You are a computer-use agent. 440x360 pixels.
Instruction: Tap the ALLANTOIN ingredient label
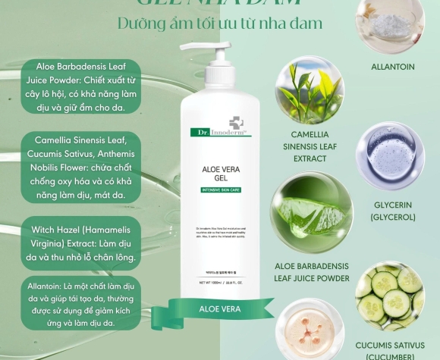392,67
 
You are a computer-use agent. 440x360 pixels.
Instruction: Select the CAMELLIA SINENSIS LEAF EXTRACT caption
303,146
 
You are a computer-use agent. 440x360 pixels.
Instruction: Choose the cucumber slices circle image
388,293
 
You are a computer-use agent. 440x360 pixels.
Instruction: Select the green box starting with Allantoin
80,302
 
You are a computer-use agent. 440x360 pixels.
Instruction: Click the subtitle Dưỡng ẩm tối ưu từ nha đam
220,23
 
